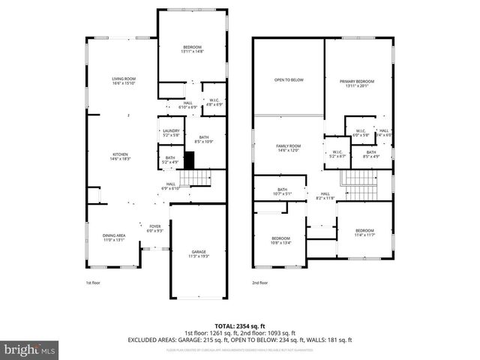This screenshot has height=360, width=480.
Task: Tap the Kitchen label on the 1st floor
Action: pyautogui.click(x=120, y=156)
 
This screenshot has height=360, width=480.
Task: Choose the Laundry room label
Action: pyautogui.click(x=170, y=133)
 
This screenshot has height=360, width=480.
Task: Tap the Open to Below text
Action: pyautogui.click(x=289, y=80)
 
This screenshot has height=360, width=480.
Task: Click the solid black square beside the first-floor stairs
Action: pyautogui.click(x=189, y=160)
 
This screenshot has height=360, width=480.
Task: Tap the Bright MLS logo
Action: pyautogui.click(x=30, y=349)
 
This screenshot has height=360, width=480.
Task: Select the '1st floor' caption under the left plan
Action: pyautogui.click(x=92, y=283)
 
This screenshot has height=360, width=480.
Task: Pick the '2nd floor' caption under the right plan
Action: pyautogui.click(x=260, y=283)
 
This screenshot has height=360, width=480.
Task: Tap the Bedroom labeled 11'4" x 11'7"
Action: pyautogui.click(x=364, y=232)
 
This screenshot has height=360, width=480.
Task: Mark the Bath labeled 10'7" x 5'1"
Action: pyautogui.click(x=282, y=191)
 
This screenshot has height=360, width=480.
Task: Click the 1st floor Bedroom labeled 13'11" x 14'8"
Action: pyautogui.click(x=192, y=49)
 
